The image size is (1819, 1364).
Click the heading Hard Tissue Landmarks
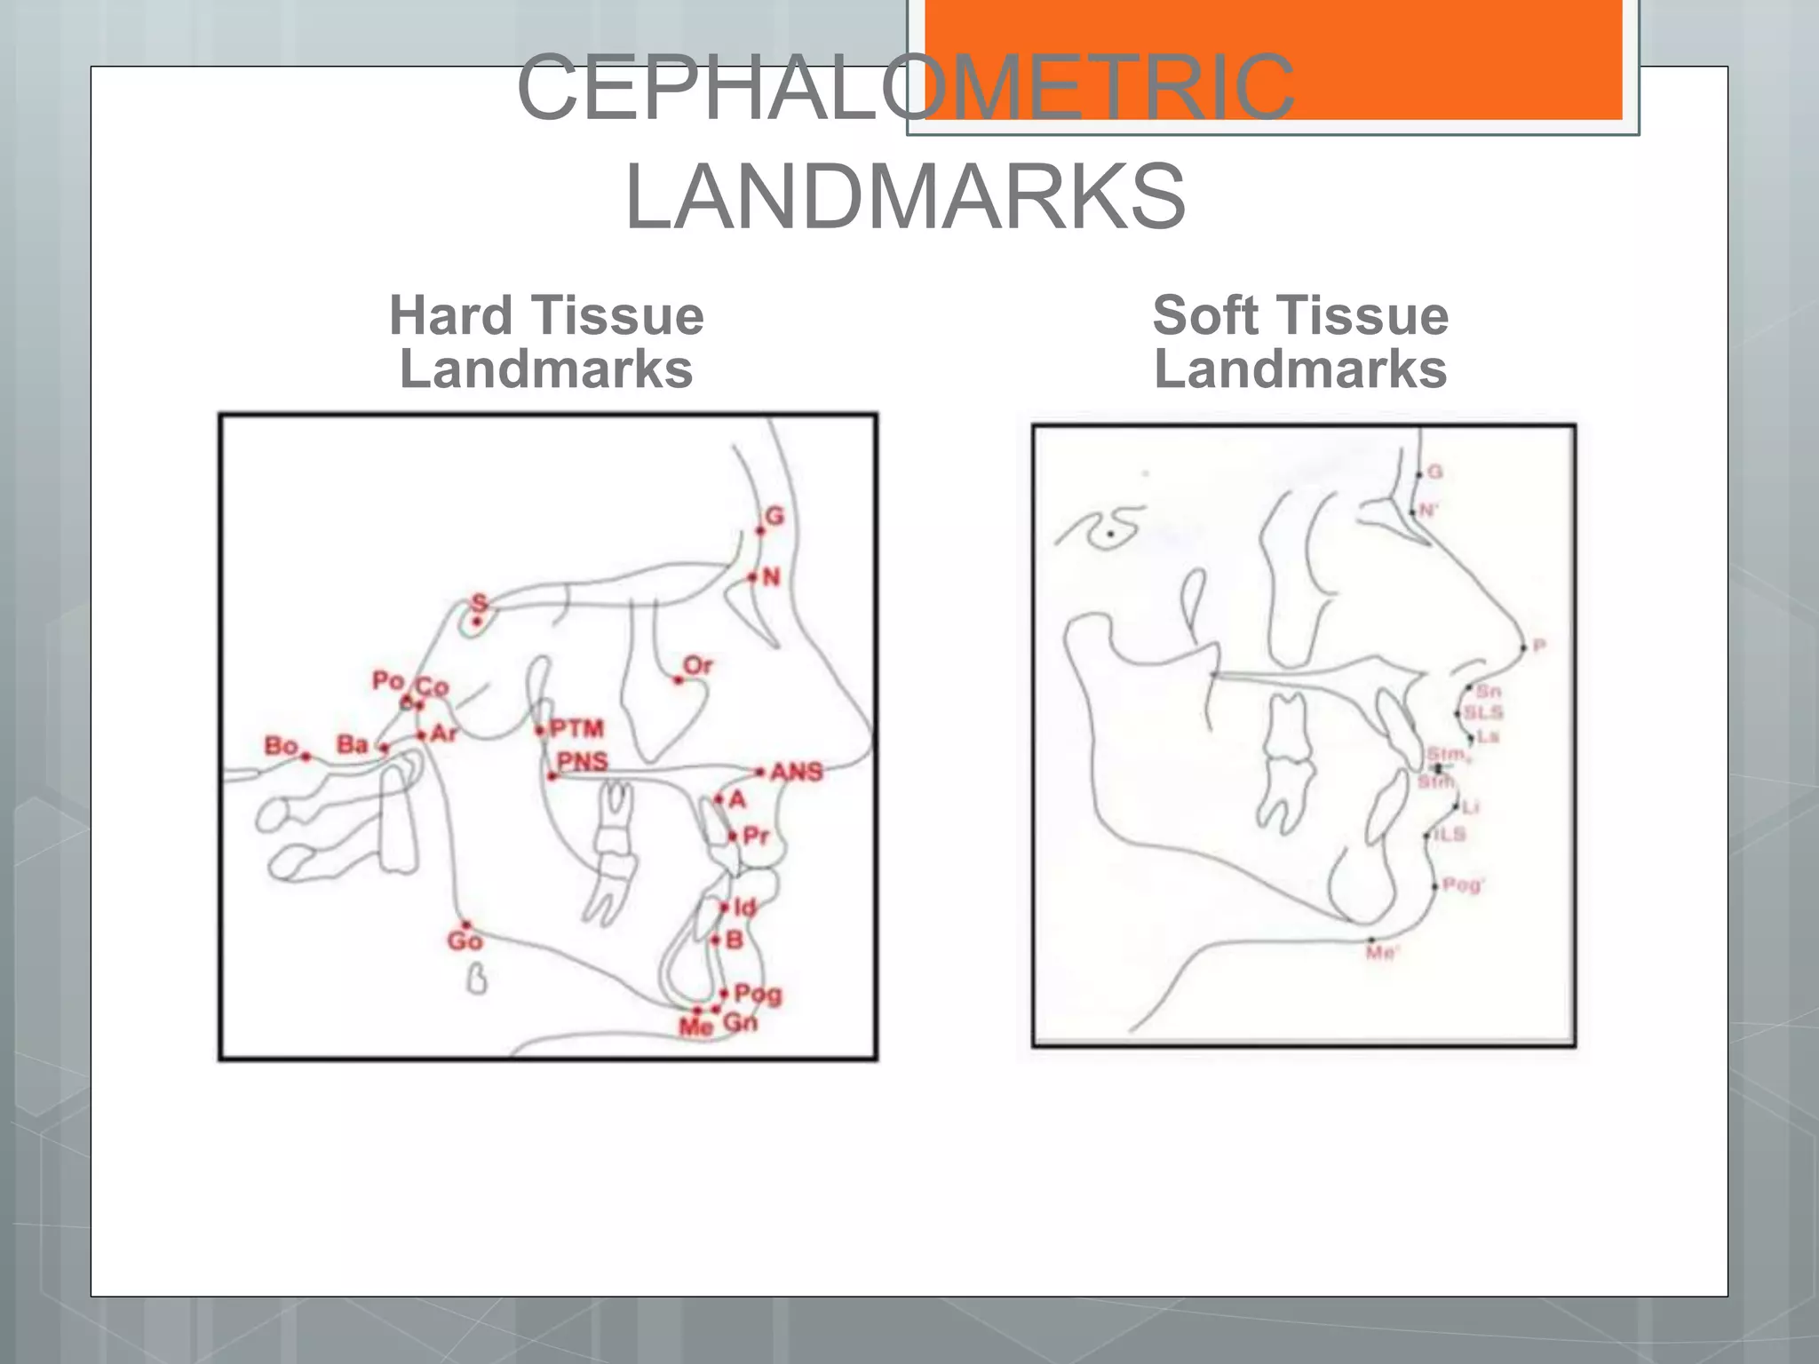546,342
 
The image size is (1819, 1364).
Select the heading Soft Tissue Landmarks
1300,342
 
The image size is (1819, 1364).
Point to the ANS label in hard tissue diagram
797,772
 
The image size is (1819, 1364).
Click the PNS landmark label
583,761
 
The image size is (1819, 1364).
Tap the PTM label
576,729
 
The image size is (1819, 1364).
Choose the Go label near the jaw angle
465,941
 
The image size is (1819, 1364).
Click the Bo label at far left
281,745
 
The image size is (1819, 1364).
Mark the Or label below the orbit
698,665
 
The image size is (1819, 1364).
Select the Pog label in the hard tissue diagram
758,994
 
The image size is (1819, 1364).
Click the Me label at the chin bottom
695,1027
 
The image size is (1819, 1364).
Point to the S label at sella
480,604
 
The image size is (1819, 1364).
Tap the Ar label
444,734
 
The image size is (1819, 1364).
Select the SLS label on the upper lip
1483,712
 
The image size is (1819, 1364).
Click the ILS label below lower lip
1450,834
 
